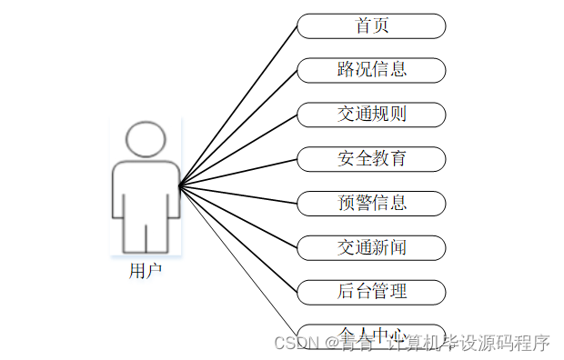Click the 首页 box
tap(371, 25)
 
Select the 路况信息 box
tap(371, 70)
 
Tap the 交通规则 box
tap(371, 115)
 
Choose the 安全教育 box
tap(371, 158)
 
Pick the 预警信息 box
tap(371, 203)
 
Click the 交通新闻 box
tap(371, 247)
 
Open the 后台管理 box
tap(371, 292)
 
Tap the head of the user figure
tap(146, 141)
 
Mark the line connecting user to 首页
tap(238, 105)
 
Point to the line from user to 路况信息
tap(238, 127)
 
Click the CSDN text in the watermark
tap(293, 344)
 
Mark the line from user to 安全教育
tap(238, 172)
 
